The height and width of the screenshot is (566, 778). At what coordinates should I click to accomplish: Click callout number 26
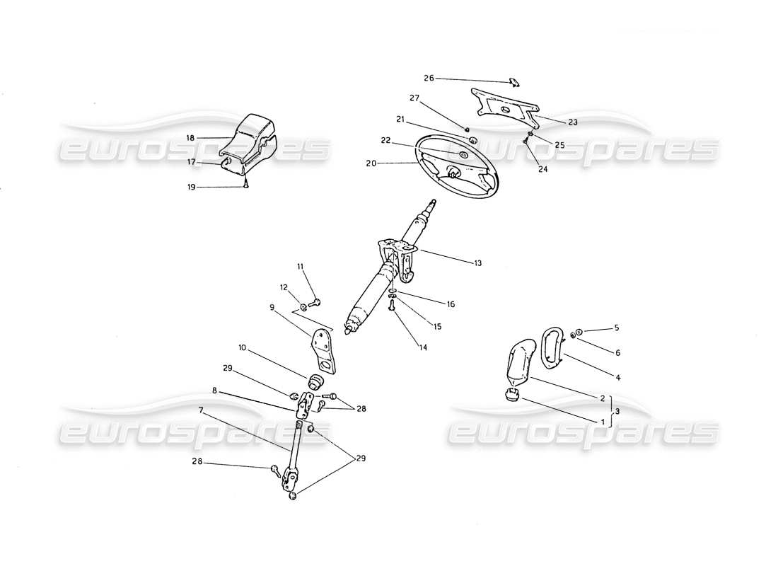click(x=429, y=78)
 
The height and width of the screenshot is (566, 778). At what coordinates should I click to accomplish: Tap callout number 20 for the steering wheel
click(x=372, y=163)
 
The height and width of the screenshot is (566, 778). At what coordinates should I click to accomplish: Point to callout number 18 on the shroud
click(x=190, y=137)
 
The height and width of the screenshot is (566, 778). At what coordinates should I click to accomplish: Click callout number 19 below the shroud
click(x=190, y=187)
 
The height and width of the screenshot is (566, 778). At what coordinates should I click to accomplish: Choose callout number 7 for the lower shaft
click(x=202, y=409)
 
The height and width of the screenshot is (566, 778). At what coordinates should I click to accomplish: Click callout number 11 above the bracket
click(x=300, y=266)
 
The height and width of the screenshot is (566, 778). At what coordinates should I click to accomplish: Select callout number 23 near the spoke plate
click(x=573, y=122)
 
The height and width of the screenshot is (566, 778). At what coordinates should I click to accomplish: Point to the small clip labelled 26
click(x=514, y=82)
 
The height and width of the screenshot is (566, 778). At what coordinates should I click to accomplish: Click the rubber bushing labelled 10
click(x=314, y=382)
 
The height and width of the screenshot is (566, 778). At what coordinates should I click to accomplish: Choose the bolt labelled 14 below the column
click(x=391, y=305)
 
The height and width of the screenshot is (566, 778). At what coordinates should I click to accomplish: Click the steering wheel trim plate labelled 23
click(x=506, y=105)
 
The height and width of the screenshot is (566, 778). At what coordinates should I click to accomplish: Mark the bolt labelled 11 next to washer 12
click(x=316, y=303)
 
